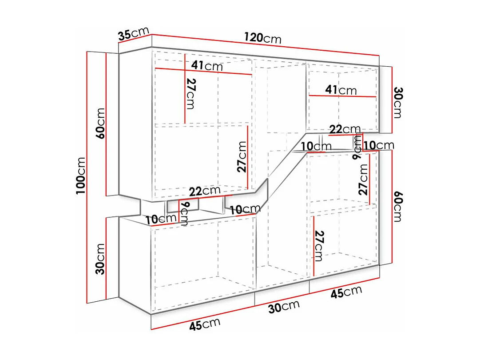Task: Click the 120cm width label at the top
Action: pos(263,38)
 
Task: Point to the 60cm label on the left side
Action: pos(101,123)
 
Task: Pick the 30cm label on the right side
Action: pos(397,103)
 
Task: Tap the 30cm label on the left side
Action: pos(101,259)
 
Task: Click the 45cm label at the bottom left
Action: pos(205,324)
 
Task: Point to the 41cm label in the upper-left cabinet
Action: pos(207,66)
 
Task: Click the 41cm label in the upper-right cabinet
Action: pos(341,90)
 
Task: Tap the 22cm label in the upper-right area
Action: pos(345,129)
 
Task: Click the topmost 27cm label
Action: pos(191,93)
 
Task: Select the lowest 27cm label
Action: pos(318,246)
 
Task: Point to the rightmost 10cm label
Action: pos(379,145)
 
